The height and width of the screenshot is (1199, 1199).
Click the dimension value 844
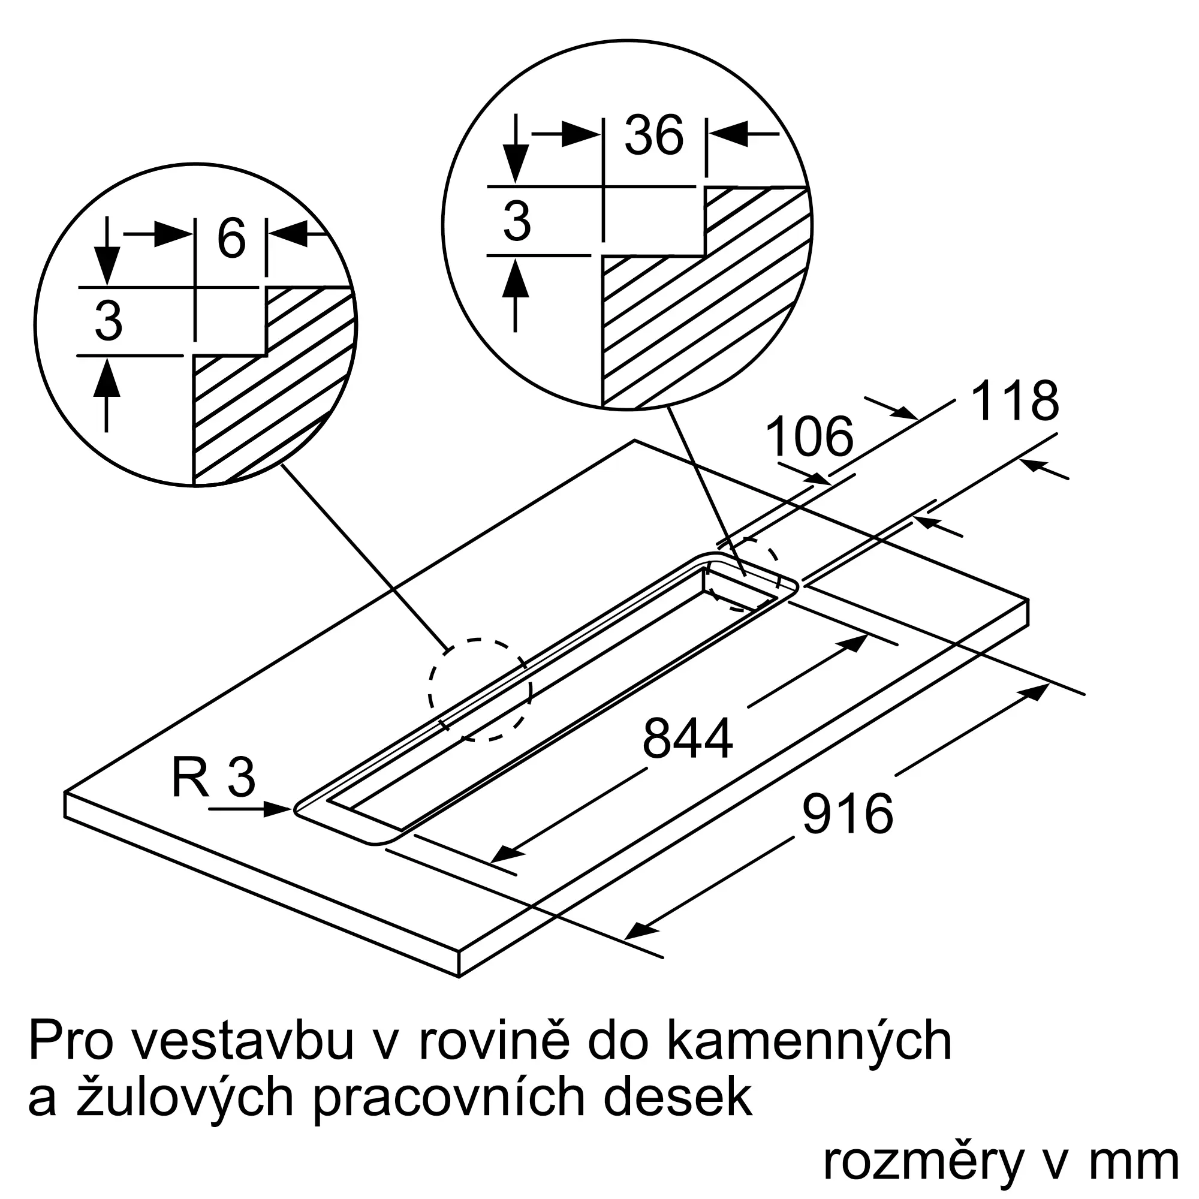pyautogui.click(x=687, y=739)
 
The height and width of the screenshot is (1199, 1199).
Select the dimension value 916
pyautogui.click(x=847, y=814)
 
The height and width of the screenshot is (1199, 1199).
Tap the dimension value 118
pyautogui.click(x=1015, y=402)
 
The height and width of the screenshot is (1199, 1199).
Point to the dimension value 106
pyautogui.click(x=809, y=437)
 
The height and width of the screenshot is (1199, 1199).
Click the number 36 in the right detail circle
pyautogui.click(x=653, y=135)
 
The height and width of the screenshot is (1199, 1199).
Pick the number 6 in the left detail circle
pyautogui.click(x=231, y=239)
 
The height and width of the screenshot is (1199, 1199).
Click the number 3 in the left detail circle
pyautogui.click(x=109, y=321)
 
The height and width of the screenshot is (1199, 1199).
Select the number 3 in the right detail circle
pyautogui.click(x=517, y=221)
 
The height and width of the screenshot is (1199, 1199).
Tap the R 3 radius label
pyautogui.click(x=213, y=778)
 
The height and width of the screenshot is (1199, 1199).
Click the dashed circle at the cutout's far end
pyautogui.click(x=743, y=574)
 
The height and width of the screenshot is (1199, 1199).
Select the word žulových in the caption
pyautogui.click(x=183, y=1098)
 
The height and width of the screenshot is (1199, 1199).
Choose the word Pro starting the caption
pyautogui.click(x=71, y=1042)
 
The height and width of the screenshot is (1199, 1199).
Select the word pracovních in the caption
pyautogui.click(x=448, y=1098)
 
